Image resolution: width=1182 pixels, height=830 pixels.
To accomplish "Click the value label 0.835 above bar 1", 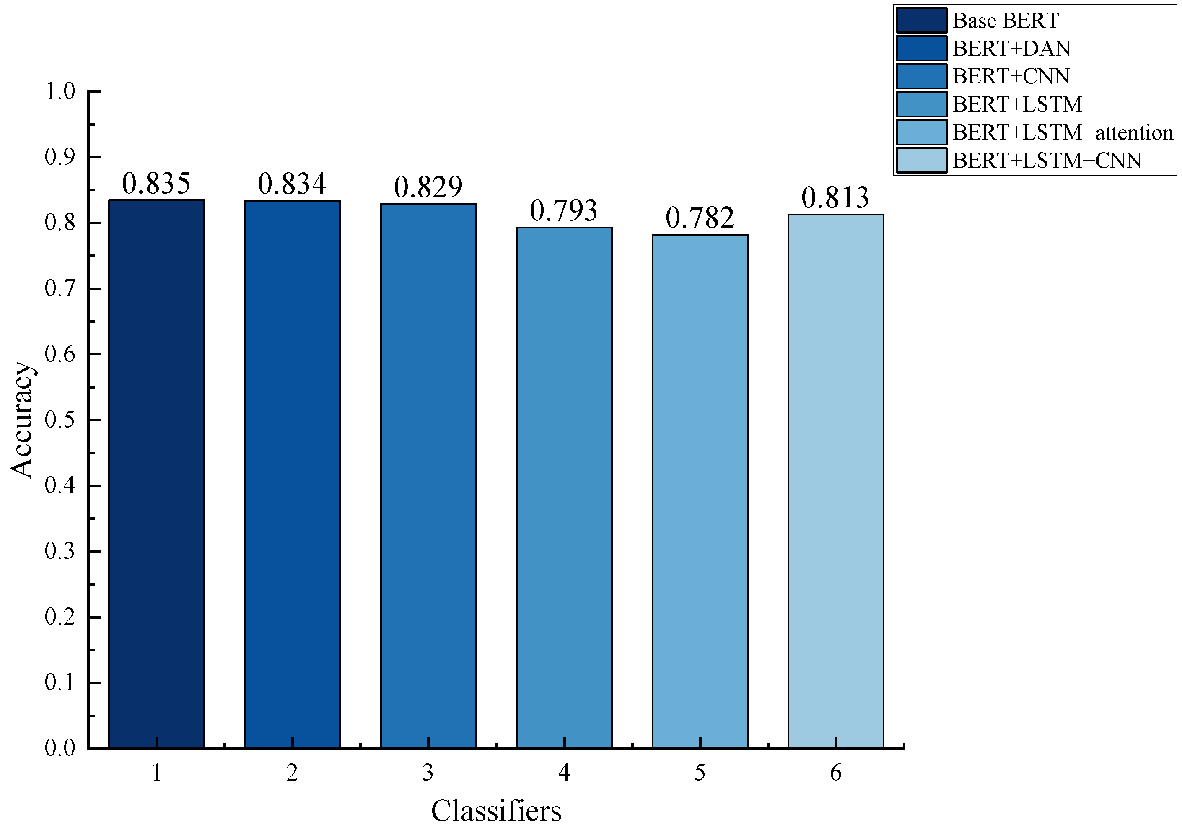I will click(156, 183).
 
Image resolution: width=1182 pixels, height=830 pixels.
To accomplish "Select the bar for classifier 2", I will click(293, 474).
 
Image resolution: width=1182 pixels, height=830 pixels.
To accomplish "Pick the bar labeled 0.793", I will click(564, 487).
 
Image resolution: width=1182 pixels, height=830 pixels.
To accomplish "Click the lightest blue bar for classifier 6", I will click(835, 481).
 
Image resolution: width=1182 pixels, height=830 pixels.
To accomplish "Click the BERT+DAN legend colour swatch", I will click(921, 48).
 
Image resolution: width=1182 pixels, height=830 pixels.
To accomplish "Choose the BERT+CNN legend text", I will click(1011, 76).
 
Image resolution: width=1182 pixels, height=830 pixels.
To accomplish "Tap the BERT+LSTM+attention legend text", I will click(1063, 132).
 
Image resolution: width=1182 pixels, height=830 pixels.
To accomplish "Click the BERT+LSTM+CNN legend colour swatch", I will click(921, 160).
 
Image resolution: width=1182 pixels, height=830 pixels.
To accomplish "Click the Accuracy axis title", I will click(22, 420).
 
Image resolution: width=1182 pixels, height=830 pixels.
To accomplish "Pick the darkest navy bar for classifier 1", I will click(156, 474).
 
